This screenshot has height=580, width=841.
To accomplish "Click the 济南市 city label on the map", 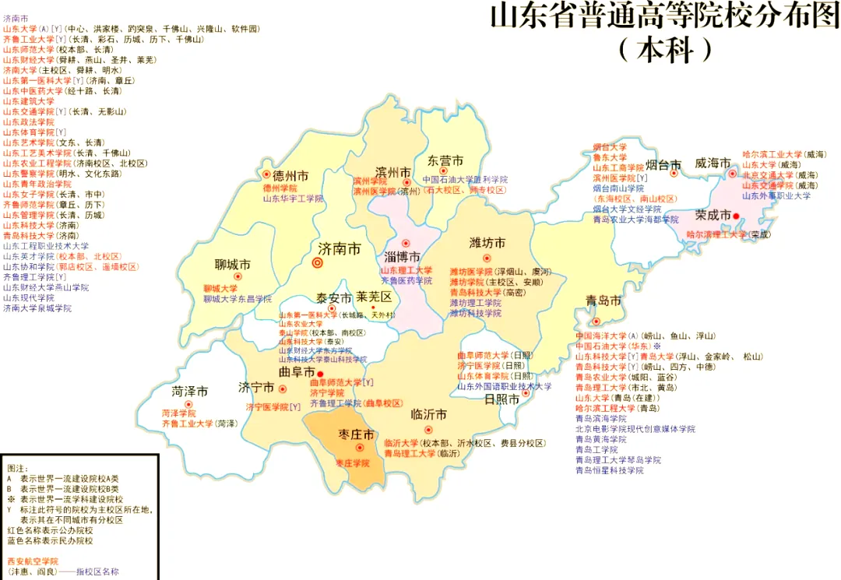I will [340, 249].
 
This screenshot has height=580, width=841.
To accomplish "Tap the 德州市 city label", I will [284, 175].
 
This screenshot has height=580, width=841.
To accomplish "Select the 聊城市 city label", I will [233, 265].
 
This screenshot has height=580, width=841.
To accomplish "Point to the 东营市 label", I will [445, 161].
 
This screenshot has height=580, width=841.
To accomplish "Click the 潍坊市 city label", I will [487, 242].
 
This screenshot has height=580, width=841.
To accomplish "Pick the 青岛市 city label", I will [604, 301].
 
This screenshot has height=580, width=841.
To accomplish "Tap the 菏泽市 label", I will [190, 391].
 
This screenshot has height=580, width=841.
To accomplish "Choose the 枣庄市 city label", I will [357, 434].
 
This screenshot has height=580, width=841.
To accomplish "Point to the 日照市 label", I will [501, 399].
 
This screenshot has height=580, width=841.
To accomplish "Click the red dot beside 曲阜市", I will [320, 374].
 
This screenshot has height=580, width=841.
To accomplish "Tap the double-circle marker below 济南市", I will [317, 263].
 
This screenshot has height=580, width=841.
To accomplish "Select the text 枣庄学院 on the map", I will [353, 463].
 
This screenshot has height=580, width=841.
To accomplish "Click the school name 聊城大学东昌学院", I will [238, 299].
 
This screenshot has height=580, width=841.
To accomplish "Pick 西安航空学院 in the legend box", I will [32, 561].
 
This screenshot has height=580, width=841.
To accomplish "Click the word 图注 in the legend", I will [17, 469].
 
